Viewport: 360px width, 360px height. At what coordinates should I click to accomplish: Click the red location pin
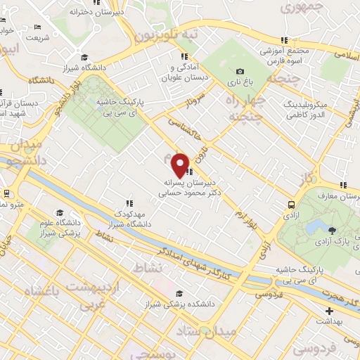(181, 165)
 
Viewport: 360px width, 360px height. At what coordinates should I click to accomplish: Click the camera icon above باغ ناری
(240, 71)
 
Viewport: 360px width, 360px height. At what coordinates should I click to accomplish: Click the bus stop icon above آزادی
(290, 204)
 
